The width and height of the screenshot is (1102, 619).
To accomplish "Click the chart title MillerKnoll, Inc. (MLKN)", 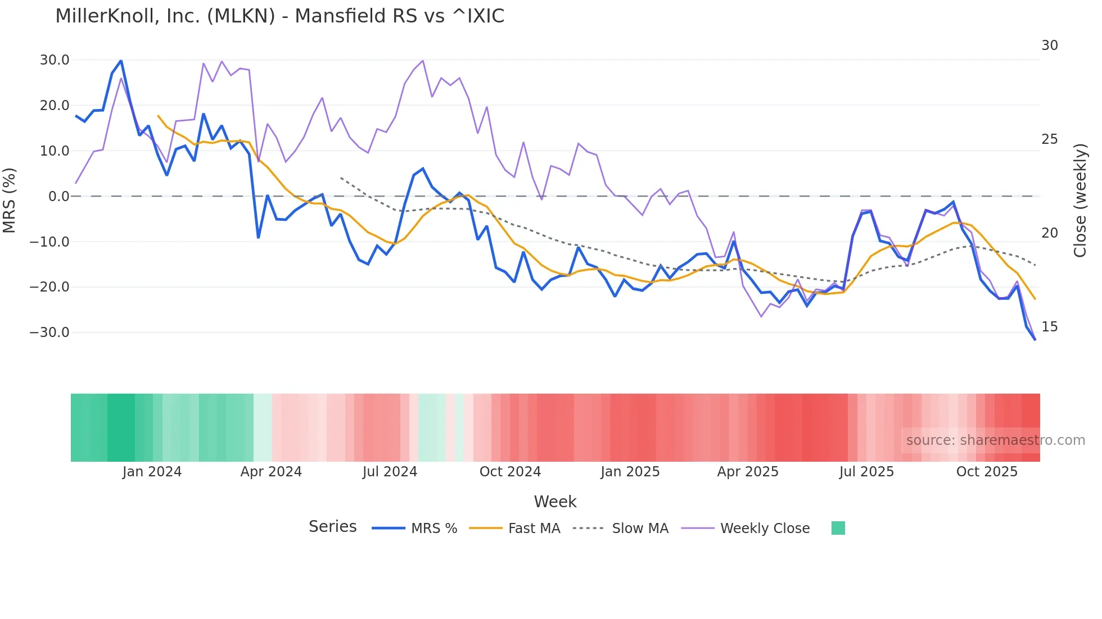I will click(x=279, y=16).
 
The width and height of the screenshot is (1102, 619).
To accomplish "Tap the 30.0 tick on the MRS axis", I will click(x=55, y=60).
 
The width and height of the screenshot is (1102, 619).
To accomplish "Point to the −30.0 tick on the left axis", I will click(x=50, y=333).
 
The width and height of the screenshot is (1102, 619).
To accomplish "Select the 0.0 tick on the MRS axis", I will click(x=59, y=197).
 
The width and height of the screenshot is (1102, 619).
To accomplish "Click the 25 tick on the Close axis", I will click(x=1049, y=139).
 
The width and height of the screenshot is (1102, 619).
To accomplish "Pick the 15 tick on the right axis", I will click(x=1049, y=327).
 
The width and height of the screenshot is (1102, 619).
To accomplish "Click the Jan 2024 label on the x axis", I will click(x=152, y=472).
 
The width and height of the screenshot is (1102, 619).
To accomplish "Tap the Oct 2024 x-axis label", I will click(x=510, y=472).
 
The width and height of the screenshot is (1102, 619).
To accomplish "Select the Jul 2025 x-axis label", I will click(x=866, y=472).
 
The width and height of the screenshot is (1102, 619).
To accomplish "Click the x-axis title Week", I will click(x=555, y=502).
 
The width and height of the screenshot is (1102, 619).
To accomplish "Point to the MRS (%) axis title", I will click(x=10, y=201).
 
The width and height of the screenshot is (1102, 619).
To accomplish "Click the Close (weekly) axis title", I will click(x=1080, y=201).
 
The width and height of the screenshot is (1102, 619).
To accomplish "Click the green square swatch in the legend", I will click(x=838, y=528).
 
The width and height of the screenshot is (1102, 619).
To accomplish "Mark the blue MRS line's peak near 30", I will click(x=121, y=61).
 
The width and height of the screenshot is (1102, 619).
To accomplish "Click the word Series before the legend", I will click(x=332, y=527).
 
